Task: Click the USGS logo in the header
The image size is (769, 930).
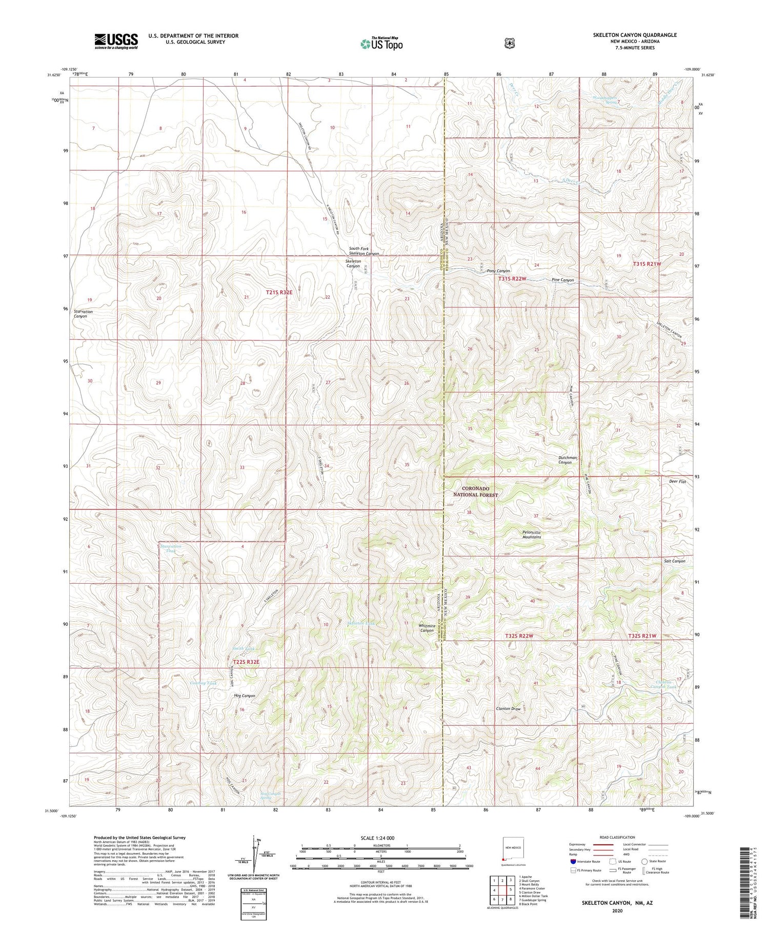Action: pyautogui.click(x=116, y=41)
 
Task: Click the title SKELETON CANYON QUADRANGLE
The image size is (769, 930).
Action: pyautogui.click(x=635, y=35)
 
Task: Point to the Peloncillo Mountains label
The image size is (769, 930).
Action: pyautogui.click(x=532, y=535)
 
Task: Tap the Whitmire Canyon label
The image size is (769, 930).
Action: pyautogui.click(x=427, y=628)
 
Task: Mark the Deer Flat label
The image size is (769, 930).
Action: pyautogui.click(x=677, y=482)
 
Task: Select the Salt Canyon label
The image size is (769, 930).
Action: pyautogui.click(x=674, y=561)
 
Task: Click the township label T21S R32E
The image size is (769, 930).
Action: pyautogui.click(x=279, y=292)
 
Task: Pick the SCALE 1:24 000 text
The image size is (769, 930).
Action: pyautogui.click(x=380, y=838)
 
